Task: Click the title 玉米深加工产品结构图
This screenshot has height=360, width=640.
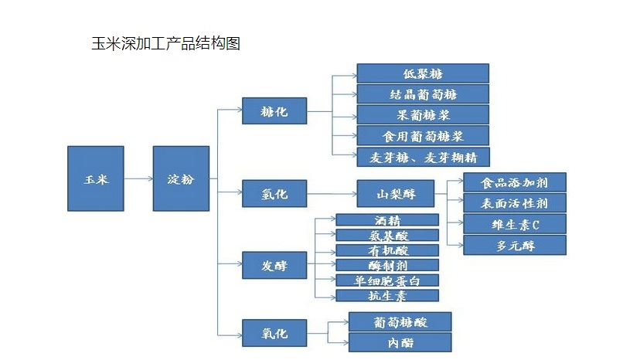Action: pos(165,43)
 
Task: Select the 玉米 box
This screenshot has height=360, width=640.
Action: pos(95,178)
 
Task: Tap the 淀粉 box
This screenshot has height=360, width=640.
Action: pos(181,178)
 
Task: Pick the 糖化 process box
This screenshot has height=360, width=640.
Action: pos(274,111)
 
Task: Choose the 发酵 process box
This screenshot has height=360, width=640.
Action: pos(274,266)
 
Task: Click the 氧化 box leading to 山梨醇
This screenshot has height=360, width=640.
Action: pos(274,193)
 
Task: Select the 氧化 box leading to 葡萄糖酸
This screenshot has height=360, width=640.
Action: pos(274,334)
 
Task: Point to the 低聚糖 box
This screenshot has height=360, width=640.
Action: pos(423,73)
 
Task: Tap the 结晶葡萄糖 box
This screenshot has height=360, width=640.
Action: pos(423,94)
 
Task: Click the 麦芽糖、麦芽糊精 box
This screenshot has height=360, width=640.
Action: pos(423,157)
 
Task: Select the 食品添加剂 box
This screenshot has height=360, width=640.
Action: pos(515,182)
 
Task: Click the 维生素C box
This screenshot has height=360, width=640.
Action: pos(515,225)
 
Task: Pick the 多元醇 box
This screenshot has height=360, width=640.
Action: pos(515,246)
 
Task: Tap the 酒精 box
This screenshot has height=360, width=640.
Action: pos(387,220)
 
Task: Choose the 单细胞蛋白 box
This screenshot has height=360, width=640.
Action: pos(387,280)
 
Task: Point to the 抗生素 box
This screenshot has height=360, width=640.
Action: pos(387,295)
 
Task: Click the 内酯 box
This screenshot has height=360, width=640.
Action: pos(400,342)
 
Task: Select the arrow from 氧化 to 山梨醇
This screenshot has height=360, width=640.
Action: pos(332,193)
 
